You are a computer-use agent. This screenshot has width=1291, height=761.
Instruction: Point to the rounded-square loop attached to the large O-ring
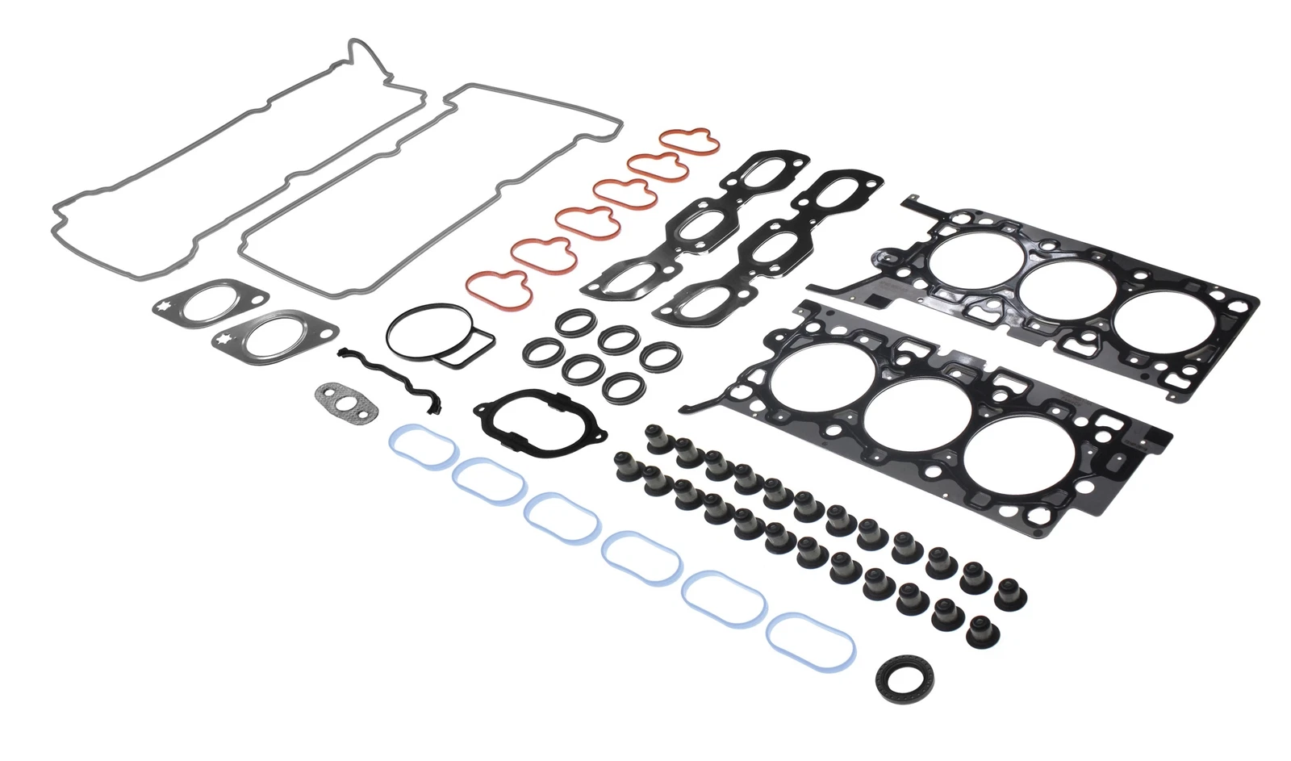click(467, 348)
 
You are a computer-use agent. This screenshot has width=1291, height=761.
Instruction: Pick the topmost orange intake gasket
click(690, 143)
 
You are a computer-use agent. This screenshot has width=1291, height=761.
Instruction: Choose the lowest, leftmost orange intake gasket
click(497, 286)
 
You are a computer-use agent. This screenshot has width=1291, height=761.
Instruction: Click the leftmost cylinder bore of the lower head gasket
click(812, 376)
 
